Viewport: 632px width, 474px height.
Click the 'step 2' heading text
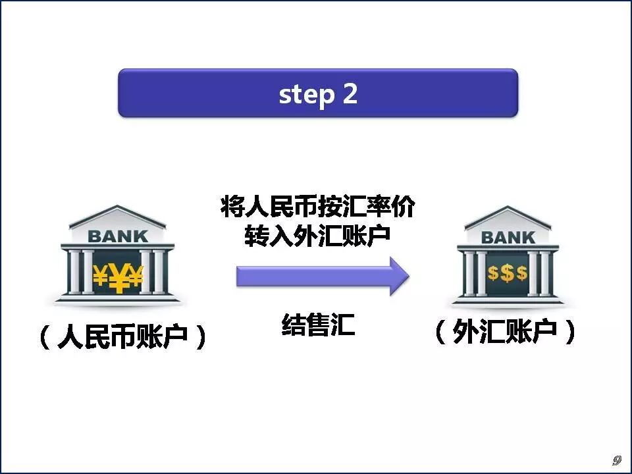click(318, 94)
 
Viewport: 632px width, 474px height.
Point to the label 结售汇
click(318, 325)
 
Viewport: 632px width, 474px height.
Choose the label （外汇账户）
click(506, 333)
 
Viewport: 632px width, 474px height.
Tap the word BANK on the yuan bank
click(118, 235)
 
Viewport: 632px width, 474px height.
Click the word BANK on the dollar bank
click(508, 238)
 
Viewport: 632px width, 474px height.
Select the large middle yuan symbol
click(118, 279)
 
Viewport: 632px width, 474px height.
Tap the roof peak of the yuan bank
click(118, 209)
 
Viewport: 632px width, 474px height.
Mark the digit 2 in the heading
click(350, 94)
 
